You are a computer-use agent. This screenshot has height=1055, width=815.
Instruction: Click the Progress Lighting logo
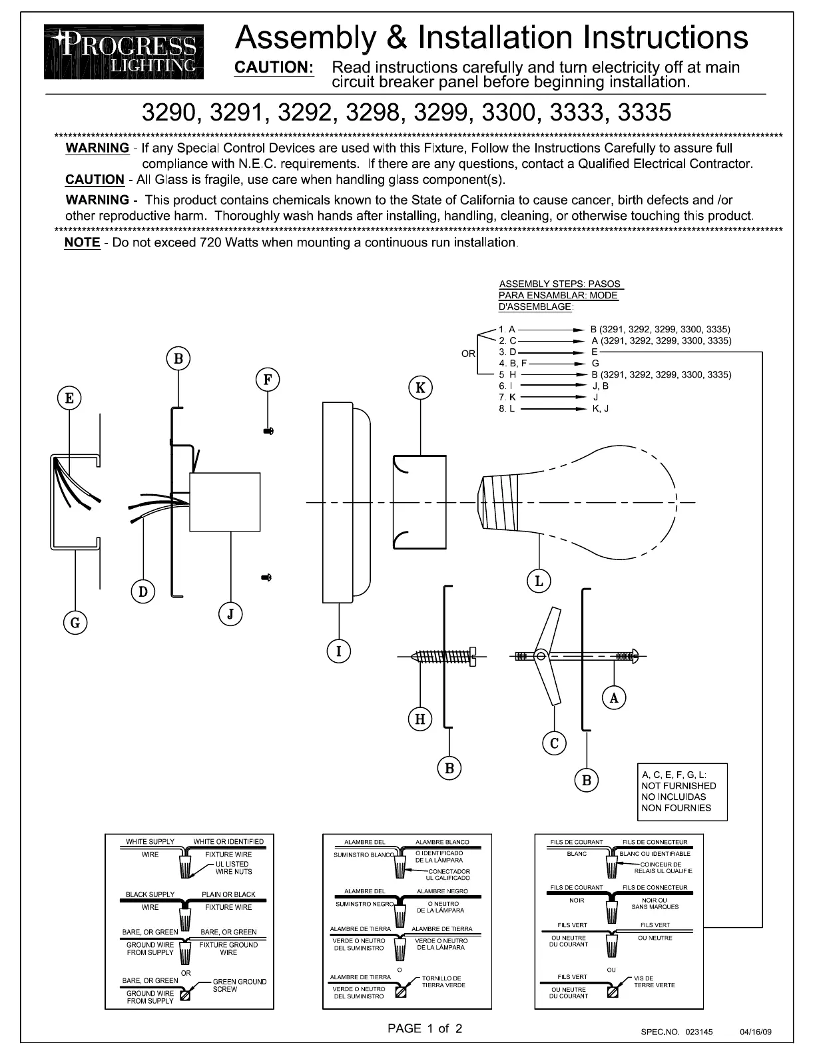[x=124, y=52]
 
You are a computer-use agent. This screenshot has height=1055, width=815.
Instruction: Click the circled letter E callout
[x=69, y=399]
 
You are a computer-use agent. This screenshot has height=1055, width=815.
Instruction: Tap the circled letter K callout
[x=420, y=388]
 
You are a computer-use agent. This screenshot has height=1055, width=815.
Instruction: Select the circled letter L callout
[x=539, y=581]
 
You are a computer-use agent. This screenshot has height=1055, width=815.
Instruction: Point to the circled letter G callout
[x=75, y=623]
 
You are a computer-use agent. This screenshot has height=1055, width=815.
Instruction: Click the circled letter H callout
[x=420, y=719]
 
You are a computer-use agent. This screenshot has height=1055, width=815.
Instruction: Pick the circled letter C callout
[x=554, y=743]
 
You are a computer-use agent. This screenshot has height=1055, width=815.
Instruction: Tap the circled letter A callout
[x=614, y=698]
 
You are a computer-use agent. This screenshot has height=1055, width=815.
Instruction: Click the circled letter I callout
[x=339, y=651]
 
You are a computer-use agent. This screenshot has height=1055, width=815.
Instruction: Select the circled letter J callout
[x=230, y=613]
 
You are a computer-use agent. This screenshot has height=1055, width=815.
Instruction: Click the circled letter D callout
[x=142, y=591]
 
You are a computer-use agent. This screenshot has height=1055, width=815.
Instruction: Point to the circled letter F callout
[x=267, y=380]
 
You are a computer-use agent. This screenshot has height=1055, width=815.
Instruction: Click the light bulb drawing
[x=586, y=500]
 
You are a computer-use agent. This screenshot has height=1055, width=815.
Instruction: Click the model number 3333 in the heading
[x=576, y=113]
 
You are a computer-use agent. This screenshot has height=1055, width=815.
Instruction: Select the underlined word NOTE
[x=82, y=242]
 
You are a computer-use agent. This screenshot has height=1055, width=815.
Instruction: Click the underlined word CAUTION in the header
[x=274, y=67]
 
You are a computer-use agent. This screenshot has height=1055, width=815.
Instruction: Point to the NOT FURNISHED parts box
[x=681, y=791]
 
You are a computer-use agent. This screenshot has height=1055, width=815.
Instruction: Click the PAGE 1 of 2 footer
[x=425, y=1028]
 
